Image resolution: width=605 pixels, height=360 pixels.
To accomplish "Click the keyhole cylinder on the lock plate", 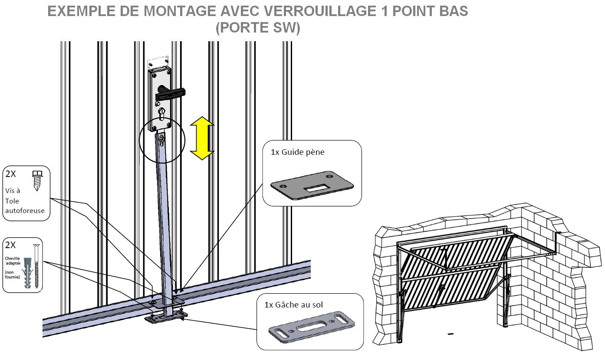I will pyautogui.click(x=162, y=115).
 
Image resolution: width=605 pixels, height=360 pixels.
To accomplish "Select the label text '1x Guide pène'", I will pyautogui.click(x=297, y=152).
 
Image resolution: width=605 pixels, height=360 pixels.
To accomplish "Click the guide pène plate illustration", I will pyautogui.click(x=312, y=186).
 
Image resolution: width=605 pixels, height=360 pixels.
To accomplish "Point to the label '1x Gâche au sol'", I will pyautogui.click(x=293, y=305).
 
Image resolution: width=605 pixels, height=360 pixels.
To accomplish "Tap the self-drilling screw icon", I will pyautogui.click(x=38, y=179).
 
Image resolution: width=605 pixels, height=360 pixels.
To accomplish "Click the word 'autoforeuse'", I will pyautogui.click(x=25, y=211).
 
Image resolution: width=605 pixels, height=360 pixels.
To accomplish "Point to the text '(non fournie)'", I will pyautogui.click(x=12, y=274).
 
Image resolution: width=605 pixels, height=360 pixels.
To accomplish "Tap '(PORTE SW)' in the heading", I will pyautogui.click(x=258, y=28).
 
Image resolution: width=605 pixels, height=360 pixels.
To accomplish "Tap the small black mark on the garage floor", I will pyautogui.click(x=450, y=334).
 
